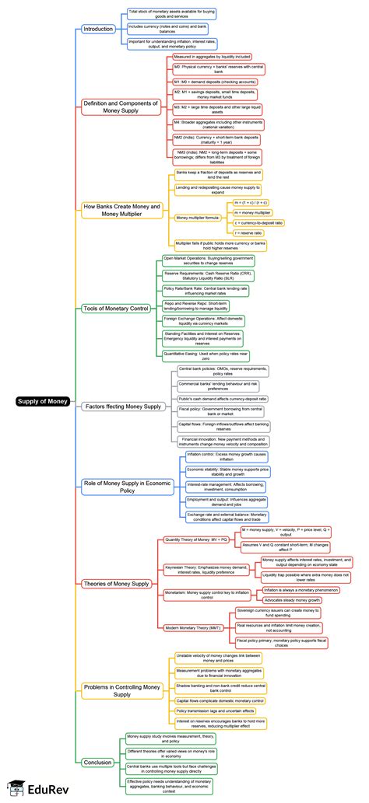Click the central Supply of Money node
point(44,402)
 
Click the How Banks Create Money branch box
point(121,210)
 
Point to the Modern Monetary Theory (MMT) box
point(193,627)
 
